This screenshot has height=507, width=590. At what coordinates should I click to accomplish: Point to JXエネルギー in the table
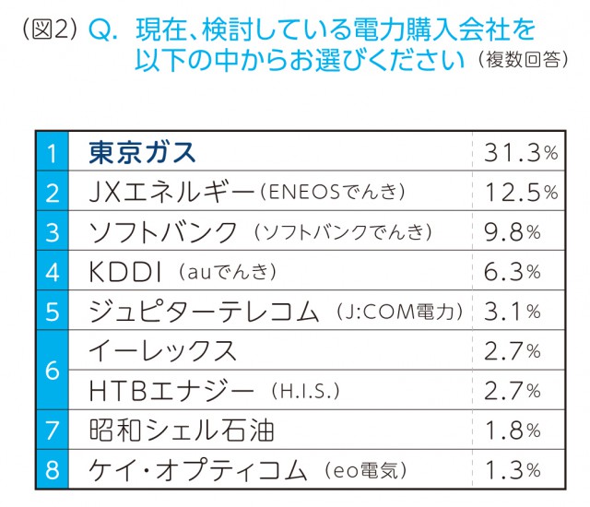pyautogui.click(x=168, y=193)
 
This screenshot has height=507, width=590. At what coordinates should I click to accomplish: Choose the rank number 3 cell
pyautogui.click(x=52, y=232)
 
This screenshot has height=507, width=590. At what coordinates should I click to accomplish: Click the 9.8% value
pyautogui.click(x=513, y=232)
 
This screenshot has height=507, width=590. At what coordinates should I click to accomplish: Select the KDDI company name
pyautogui.click(x=126, y=272)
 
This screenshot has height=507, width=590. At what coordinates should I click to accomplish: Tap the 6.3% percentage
pyautogui.click(x=513, y=272)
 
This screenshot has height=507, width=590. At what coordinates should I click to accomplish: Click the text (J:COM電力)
pyautogui.click(x=402, y=312)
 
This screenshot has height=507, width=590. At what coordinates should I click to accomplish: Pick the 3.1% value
pyautogui.click(x=513, y=312)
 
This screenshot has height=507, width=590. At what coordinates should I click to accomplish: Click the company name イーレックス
pyautogui.click(x=162, y=351)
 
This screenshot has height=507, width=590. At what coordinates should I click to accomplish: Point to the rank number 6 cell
pyautogui.click(x=52, y=371)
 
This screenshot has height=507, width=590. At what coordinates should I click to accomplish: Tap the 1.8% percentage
pyautogui.click(x=513, y=430)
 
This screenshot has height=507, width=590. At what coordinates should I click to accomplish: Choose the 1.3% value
pyautogui.click(x=513, y=470)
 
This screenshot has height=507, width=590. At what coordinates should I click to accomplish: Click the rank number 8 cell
pyautogui.click(x=52, y=470)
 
